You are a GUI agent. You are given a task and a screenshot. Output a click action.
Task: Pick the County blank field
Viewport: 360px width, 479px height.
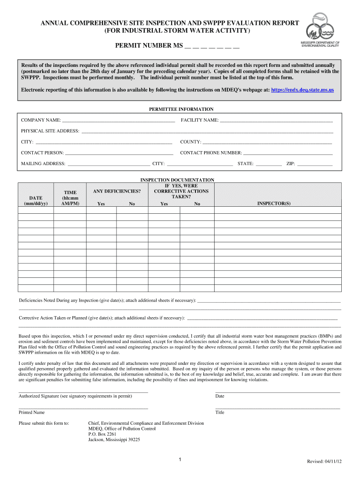(267, 142)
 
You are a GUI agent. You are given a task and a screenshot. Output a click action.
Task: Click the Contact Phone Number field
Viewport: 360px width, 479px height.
(288, 153)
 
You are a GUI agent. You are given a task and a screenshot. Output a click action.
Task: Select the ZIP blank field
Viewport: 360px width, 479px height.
(315, 164)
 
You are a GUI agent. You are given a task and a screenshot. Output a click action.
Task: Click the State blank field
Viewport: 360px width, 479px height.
(269, 164)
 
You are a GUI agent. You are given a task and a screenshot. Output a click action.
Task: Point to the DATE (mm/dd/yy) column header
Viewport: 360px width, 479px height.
(36, 201)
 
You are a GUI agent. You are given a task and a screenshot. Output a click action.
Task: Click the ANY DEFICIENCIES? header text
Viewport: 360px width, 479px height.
(117, 191)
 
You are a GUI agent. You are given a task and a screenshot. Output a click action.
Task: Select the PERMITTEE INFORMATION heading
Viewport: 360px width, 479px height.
(181, 109)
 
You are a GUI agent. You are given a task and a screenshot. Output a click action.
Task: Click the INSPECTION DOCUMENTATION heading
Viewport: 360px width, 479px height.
(177, 180)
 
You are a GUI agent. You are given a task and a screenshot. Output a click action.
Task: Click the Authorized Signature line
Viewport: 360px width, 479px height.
(83, 391)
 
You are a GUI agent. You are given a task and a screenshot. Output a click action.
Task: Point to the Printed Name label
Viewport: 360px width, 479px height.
(32, 413)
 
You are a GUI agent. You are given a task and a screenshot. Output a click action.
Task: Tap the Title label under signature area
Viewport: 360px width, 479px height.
(220, 413)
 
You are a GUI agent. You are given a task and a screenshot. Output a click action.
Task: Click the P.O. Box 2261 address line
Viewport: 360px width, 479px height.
(102, 434)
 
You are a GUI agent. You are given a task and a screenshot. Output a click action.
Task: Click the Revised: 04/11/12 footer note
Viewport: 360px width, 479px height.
(324, 462)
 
